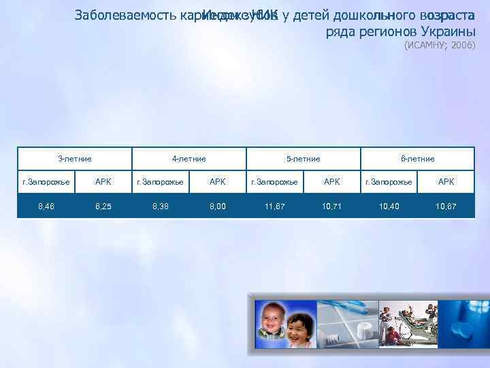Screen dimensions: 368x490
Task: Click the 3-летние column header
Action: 75,159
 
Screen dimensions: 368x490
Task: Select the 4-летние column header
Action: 189,159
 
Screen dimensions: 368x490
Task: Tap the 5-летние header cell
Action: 304,159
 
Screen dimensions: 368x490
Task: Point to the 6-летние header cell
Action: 418,159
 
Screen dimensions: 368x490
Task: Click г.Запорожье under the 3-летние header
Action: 46,182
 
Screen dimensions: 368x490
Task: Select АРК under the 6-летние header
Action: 446,182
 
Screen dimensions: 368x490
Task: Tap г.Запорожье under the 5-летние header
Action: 275,182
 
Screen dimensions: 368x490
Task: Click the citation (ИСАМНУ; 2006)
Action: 440,46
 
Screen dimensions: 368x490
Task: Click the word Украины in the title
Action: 446,32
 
